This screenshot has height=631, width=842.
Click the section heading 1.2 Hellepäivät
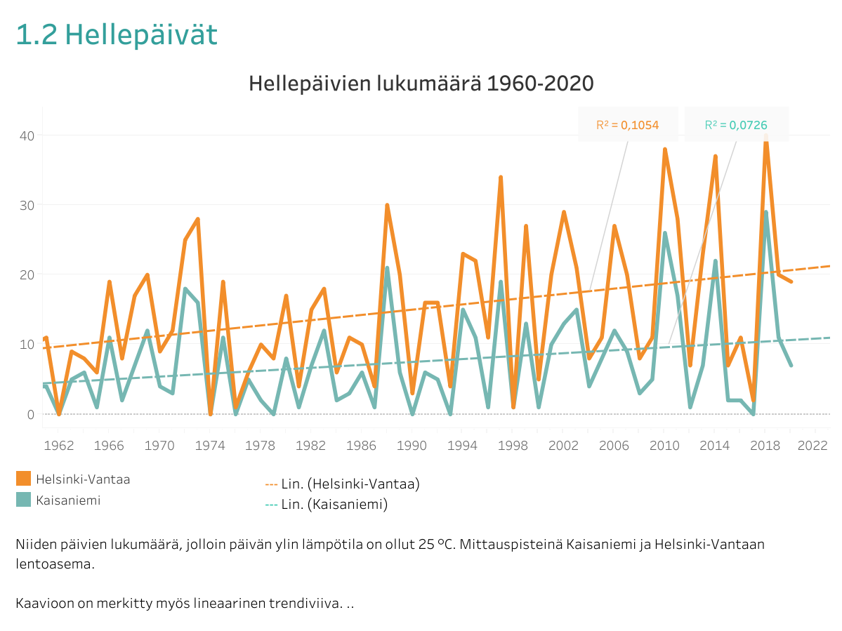pyautogui.click(x=117, y=35)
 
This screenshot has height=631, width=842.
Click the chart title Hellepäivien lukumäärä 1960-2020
pyautogui.click(x=421, y=84)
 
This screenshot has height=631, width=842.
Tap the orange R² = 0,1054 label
pyautogui.click(x=627, y=125)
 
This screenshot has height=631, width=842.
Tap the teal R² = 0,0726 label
pyautogui.click(x=736, y=125)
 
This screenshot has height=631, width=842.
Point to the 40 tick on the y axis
pyautogui.click(x=26, y=135)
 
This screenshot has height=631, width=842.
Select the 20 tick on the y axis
pyautogui.click(x=26, y=274)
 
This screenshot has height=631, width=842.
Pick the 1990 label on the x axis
pyautogui.click(x=414, y=445)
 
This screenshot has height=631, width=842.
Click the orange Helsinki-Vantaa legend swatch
pyautogui.click(x=23, y=479)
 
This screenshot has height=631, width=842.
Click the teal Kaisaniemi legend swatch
pyautogui.click(x=23, y=499)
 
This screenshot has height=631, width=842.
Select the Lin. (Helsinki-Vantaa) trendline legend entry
pyautogui.click(x=342, y=484)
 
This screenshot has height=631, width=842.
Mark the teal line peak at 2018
pyautogui.click(x=765, y=212)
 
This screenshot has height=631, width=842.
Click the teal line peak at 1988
pyautogui.click(x=387, y=268)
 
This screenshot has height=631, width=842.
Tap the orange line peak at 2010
pyautogui.click(x=664, y=149)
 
